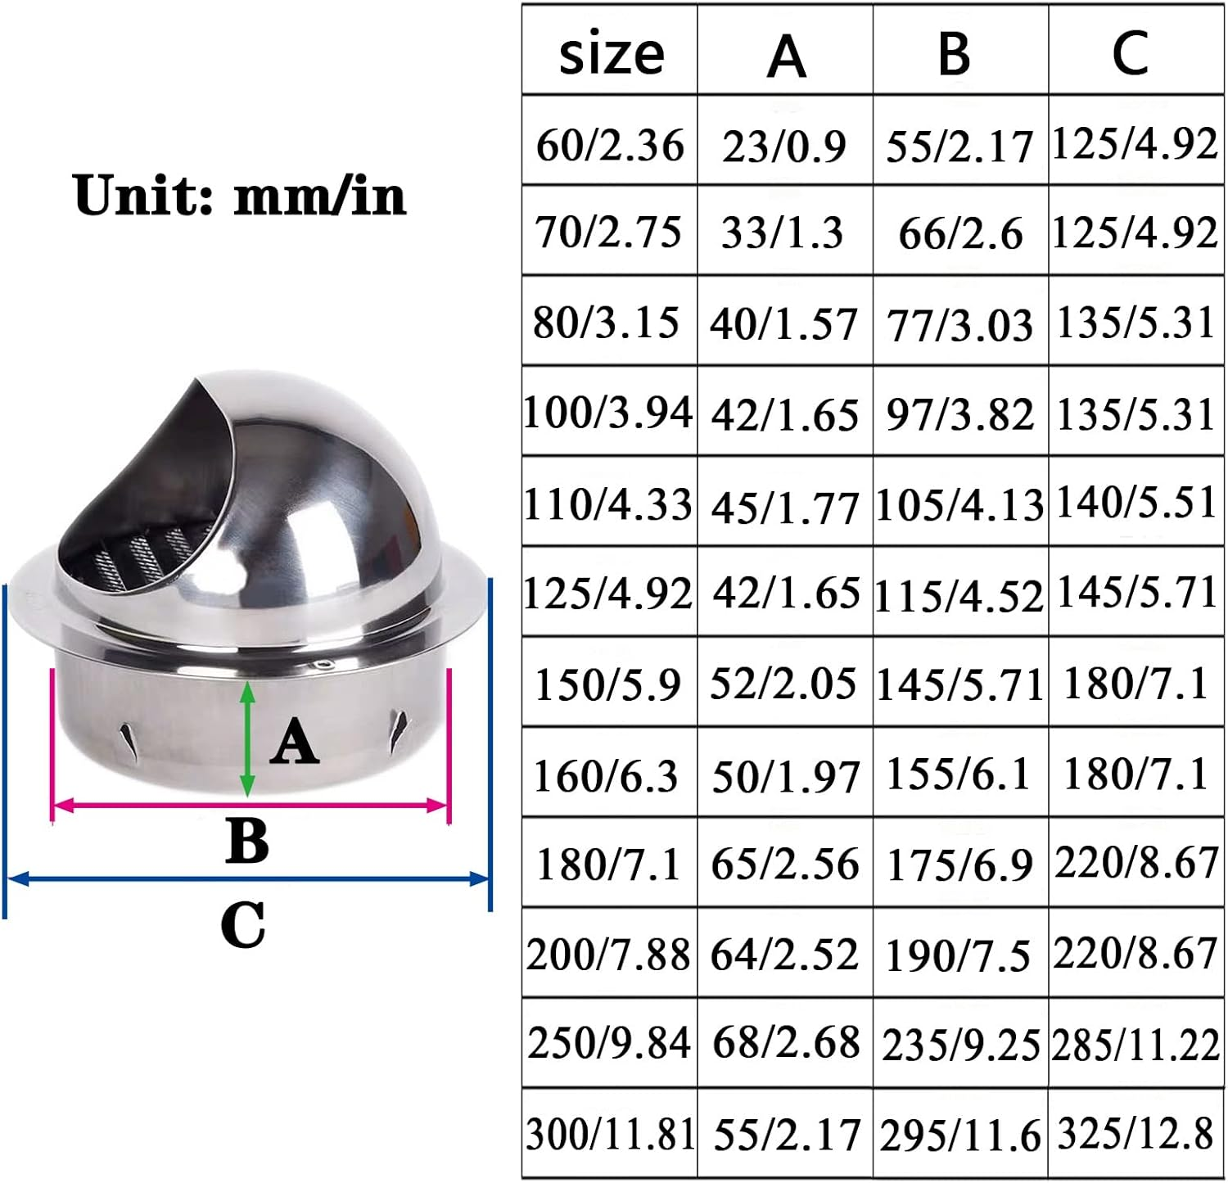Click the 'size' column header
tap(611, 54)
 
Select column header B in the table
tap(955, 54)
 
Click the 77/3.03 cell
tap(959, 325)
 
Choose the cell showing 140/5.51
tap(1136, 502)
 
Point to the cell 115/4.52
tap(959, 595)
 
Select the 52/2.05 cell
tap(783, 683)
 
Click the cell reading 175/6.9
tap(959, 865)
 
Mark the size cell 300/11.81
tap(610, 1135)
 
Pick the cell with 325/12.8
tap(1136, 1135)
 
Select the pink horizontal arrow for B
tap(251, 806)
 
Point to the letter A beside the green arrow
tap(294, 742)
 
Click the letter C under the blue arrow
tap(243, 925)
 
